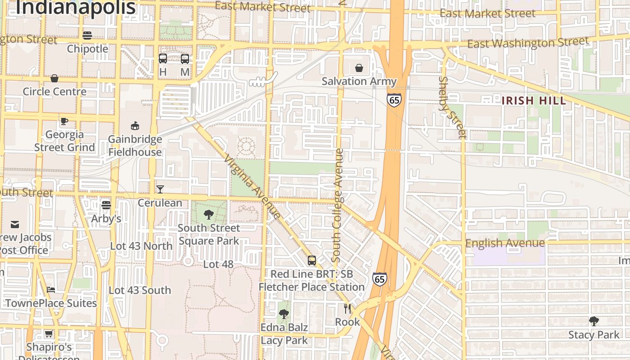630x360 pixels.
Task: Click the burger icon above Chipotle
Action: (x=87, y=35)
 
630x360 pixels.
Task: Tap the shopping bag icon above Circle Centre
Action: (x=54, y=78)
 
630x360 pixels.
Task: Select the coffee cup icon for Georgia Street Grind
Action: (x=64, y=121)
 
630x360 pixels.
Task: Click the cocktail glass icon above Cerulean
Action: (x=160, y=189)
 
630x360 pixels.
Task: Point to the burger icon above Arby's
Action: (x=106, y=205)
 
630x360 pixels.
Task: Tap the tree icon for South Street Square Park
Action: (x=208, y=214)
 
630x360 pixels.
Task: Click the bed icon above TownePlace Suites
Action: (x=51, y=289)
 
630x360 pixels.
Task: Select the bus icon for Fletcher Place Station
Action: (x=311, y=260)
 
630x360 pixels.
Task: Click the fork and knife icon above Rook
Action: (x=347, y=308)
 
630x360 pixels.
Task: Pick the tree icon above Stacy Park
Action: (x=594, y=321)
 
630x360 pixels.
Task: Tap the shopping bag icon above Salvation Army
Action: (x=359, y=68)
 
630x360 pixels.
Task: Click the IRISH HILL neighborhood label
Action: (x=533, y=100)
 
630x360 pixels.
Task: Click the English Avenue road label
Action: (x=505, y=243)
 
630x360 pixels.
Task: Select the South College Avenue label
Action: (x=337, y=205)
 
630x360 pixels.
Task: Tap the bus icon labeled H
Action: (x=163, y=58)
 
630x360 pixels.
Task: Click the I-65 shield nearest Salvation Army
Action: (x=394, y=99)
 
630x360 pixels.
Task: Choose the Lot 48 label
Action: (x=218, y=264)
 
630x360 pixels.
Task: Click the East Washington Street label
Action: (x=528, y=43)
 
